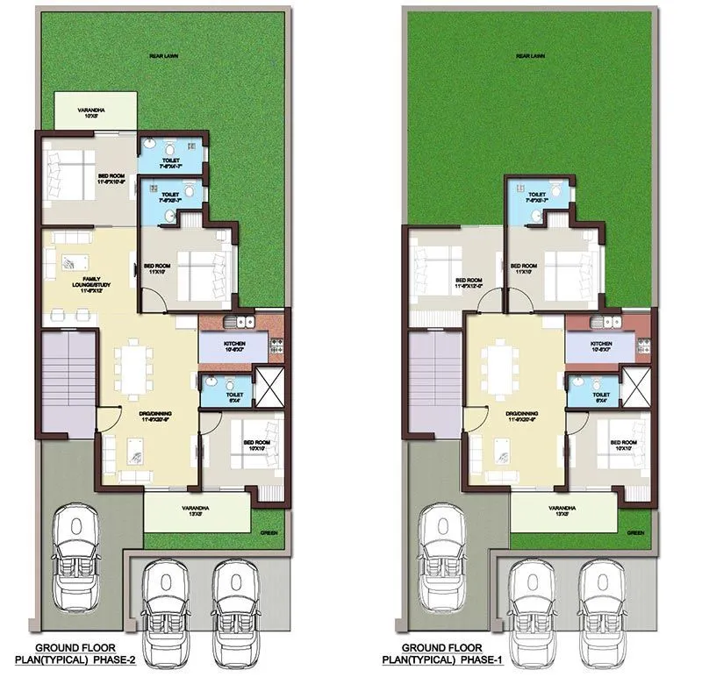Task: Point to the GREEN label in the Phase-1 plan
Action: coord(634,532)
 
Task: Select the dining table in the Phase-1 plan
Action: coord(503,365)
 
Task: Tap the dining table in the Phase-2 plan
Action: coord(136,365)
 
